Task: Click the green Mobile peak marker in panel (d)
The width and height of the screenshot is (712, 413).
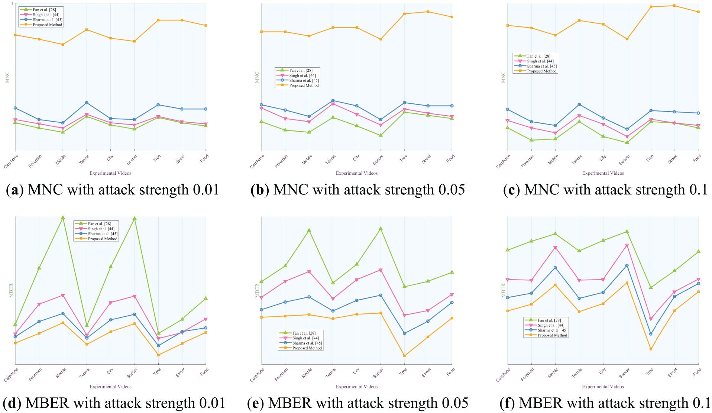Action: [x=63, y=217]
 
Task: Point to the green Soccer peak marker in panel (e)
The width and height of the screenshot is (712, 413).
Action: [x=381, y=229]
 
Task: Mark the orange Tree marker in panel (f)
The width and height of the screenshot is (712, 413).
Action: [x=651, y=349]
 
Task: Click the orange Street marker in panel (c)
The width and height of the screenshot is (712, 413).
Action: [x=674, y=6]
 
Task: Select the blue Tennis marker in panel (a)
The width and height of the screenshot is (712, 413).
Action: [x=87, y=103]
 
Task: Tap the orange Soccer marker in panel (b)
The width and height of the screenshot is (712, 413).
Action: [x=381, y=39]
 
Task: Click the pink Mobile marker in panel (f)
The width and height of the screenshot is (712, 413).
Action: [x=555, y=248]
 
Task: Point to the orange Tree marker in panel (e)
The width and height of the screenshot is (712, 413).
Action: [x=404, y=356]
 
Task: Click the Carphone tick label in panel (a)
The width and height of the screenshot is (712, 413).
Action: [x=11, y=161]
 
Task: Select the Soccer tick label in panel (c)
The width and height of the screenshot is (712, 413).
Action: [x=624, y=160]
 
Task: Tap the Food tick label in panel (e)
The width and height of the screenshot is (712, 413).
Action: [x=450, y=372]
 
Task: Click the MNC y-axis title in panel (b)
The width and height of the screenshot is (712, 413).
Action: [x=257, y=77]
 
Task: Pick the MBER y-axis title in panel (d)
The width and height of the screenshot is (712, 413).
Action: [x=11, y=290]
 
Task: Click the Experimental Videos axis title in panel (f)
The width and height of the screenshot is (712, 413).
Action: [x=603, y=387]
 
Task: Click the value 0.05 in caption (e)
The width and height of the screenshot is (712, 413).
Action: [x=455, y=403]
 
